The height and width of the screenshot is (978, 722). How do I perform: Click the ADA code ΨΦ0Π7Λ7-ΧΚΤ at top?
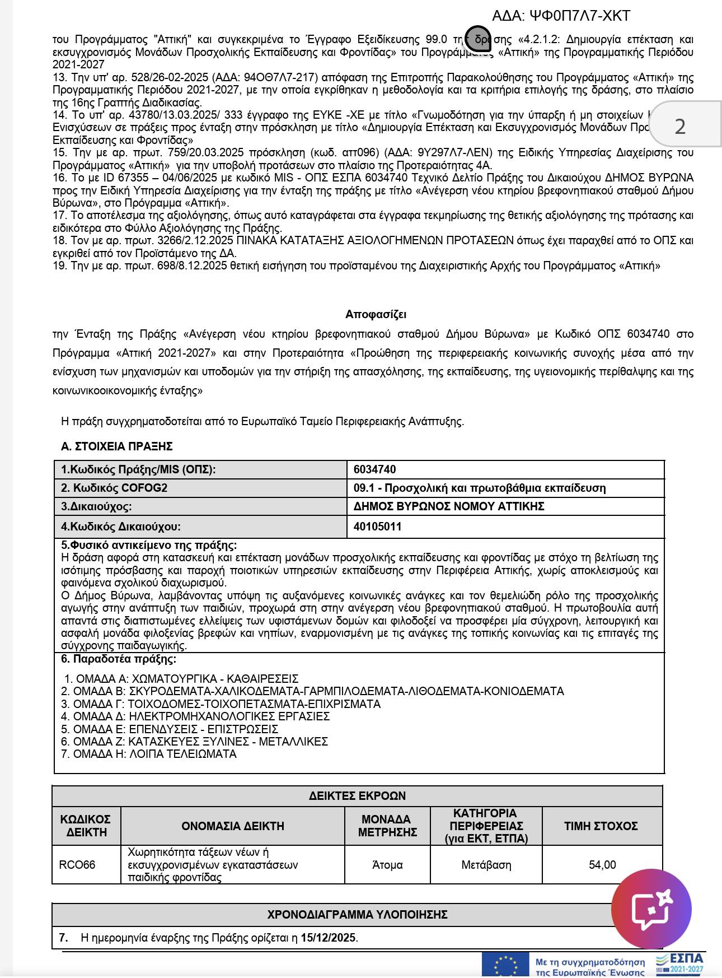[561, 16]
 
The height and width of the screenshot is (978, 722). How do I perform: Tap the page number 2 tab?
[680, 126]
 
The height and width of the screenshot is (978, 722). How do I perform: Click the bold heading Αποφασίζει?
[376, 314]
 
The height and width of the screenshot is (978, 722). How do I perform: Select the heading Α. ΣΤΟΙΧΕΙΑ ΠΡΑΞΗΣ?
[116, 446]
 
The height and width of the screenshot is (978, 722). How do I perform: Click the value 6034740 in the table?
[374, 469]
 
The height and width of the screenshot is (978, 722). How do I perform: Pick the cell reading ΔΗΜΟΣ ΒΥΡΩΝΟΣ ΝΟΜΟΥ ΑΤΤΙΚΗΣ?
[449, 506]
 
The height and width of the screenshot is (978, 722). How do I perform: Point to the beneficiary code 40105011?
[377, 527]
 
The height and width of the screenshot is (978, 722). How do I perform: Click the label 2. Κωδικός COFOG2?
[114, 488]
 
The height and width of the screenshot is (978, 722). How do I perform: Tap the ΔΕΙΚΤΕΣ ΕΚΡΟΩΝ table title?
[357, 796]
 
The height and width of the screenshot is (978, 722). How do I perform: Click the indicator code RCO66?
[77, 865]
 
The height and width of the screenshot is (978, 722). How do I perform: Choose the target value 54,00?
[602, 865]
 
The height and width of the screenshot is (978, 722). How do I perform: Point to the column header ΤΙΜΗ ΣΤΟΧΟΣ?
[601, 826]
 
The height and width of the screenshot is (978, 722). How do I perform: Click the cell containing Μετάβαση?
[486, 865]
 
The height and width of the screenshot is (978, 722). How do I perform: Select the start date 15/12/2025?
[328, 938]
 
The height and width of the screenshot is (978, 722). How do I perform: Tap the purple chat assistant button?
[651, 908]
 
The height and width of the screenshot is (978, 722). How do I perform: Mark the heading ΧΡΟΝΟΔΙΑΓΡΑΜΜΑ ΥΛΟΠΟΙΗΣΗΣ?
[357, 915]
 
